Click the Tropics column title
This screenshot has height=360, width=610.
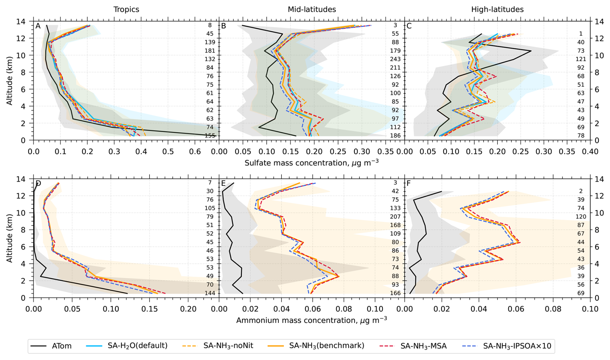coord(126,10)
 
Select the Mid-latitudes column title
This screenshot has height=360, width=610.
coord(312,10)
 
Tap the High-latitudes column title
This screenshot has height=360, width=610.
coord(497,10)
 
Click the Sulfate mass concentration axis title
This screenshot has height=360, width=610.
coord(311,163)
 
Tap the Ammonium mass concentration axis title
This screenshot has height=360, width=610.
coord(311,320)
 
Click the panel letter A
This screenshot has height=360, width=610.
coord(38,26)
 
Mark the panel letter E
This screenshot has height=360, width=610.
coord(223,183)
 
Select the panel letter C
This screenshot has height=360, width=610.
coord(409,26)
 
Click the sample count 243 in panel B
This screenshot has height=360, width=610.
coord(395,59)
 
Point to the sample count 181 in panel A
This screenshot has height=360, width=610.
coord(210,51)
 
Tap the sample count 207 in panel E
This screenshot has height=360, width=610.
coord(395,217)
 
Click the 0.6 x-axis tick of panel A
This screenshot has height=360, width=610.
coord(195,151)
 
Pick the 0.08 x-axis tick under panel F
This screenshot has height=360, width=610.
coord(553,309)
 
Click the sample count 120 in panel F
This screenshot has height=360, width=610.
coord(581,217)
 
